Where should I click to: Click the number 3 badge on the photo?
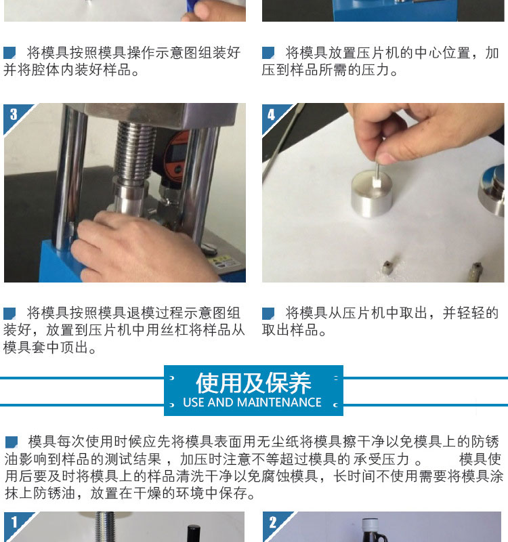tap(14, 114)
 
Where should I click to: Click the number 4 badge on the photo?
tap(272, 114)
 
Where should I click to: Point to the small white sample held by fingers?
tap(377, 182)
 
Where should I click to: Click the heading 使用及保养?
tap(253, 383)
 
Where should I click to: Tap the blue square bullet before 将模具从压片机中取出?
tap(268, 313)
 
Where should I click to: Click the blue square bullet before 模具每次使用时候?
tap(12, 442)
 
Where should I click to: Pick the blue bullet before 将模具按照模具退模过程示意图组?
tap(9, 313)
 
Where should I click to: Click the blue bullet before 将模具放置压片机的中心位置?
tap(268, 53)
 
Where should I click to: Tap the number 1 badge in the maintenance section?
tap(14, 522)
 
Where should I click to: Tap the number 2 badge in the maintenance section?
tap(273, 522)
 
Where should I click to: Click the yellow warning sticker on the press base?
tap(224, 262)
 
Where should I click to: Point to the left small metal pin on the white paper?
tap(387, 267)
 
